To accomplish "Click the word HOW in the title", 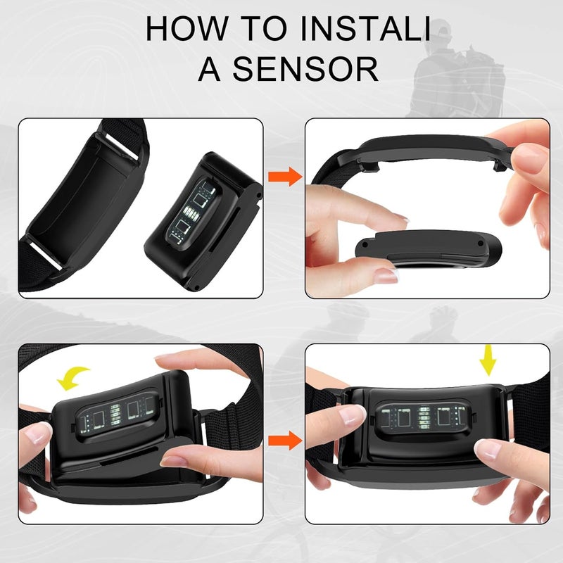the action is click(186, 28).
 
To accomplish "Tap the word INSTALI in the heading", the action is click(365, 28).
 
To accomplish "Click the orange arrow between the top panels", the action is click(285, 177).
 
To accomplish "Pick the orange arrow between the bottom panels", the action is click(285, 441).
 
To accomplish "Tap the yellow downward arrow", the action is click(488, 360).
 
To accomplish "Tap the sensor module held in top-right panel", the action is click(428, 248).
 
